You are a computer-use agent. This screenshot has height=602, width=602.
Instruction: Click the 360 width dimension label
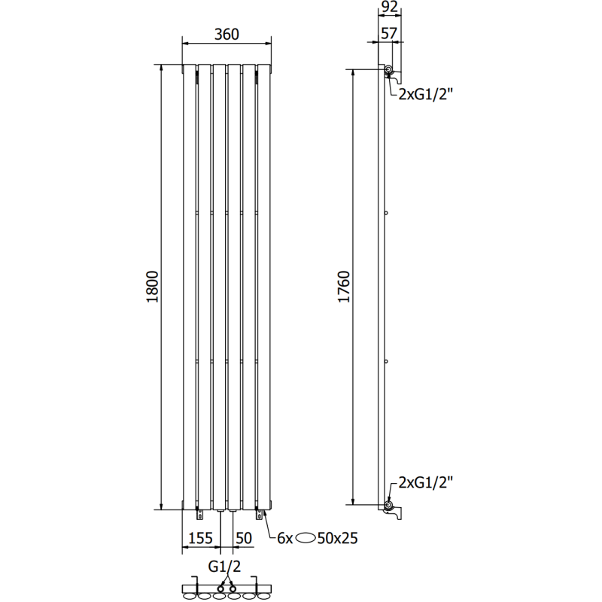pyautogui.click(x=227, y=34)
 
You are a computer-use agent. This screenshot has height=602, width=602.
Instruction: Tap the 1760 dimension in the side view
pyautogui.click(x=344, y=286)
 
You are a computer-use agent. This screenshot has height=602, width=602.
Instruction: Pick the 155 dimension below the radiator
pyautogui.click(x=199, y=538)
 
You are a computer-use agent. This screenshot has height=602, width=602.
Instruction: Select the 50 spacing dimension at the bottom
pyautogui.click(x=244, y=538)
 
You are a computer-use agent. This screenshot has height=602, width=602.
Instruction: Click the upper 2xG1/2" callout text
pyautogui.click(x=427, y=94)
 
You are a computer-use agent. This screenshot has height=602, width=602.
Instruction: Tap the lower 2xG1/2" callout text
pyautogui.click(x=427, y=482)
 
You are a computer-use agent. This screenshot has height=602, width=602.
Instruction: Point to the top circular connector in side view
pyautogui.click(x=389, y=71)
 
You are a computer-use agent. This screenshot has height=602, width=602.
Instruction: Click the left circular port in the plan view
pyautogui.click(x=221, y=587)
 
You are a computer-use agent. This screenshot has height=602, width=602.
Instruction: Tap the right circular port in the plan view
pyautogui.click(x=233, y=587)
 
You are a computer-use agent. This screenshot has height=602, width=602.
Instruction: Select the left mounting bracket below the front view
pyautogui.click(x=199, y=514)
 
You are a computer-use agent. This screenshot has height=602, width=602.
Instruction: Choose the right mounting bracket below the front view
pyautogui.click(x=260, y=514)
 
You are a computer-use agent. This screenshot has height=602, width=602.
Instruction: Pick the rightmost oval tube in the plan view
pyautogui.click(x=265, y=595)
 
